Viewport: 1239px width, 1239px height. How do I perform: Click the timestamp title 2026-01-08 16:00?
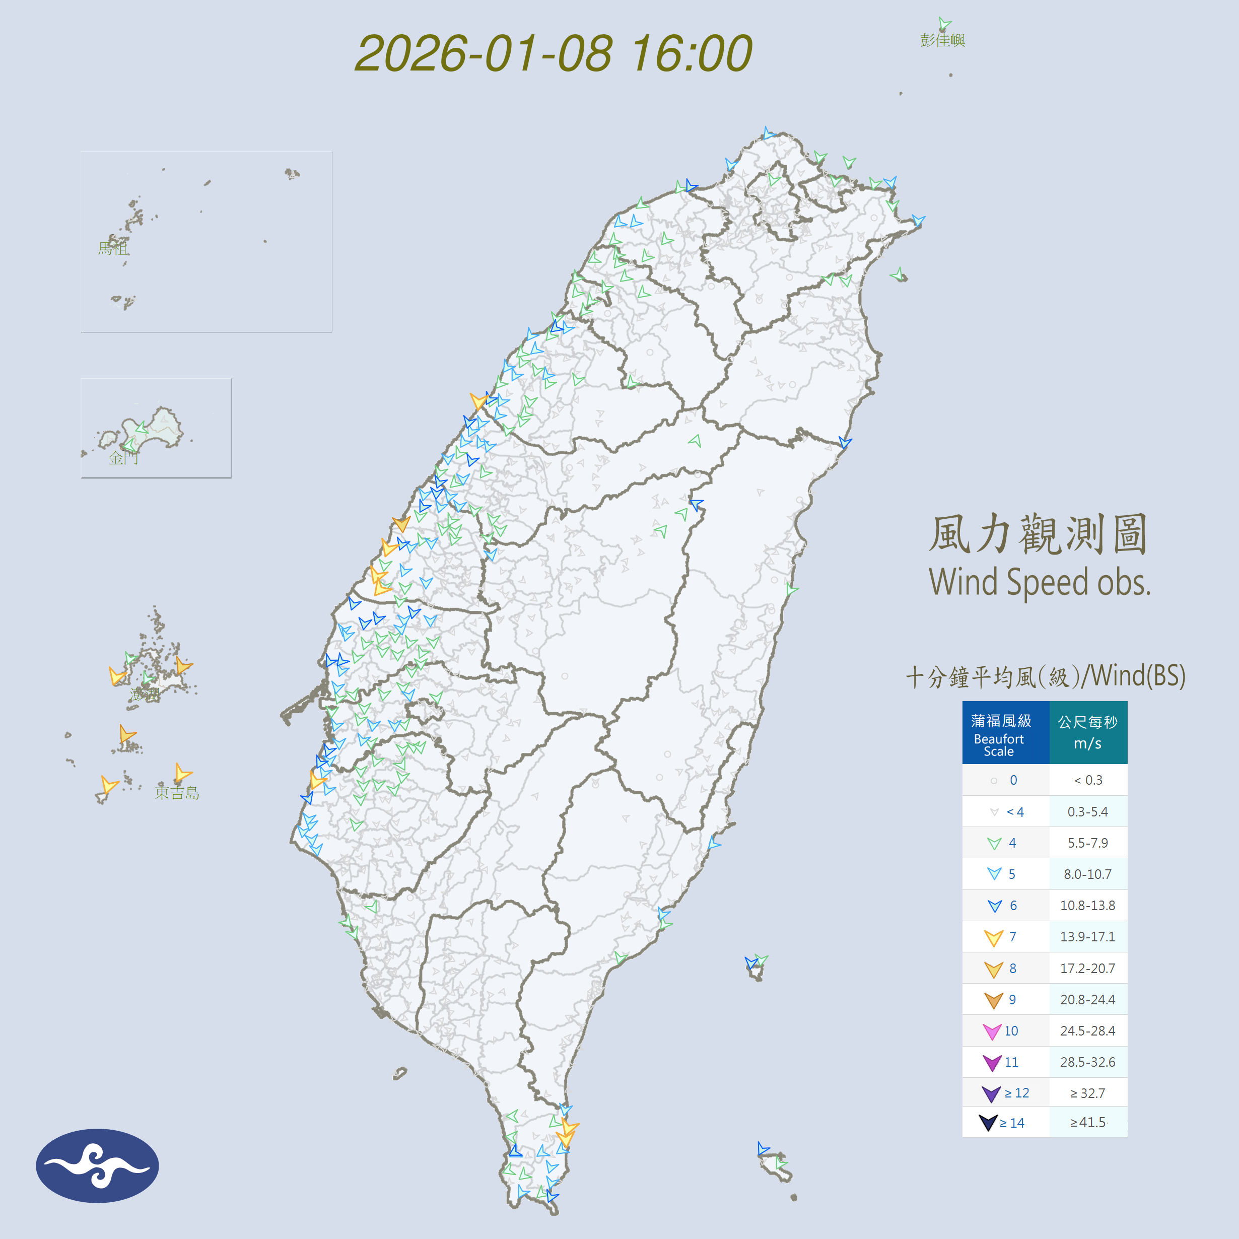(553, 53)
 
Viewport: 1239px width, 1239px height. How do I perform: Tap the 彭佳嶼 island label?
(942, 40)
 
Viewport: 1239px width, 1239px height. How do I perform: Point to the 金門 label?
(123, 457)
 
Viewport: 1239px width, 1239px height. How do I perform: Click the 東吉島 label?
(177, 793)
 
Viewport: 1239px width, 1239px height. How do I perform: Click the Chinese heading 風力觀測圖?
(1038, 534)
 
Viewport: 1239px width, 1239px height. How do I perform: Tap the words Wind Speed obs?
(1039, 582)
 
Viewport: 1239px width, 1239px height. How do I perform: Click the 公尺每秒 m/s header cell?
(1088, 732)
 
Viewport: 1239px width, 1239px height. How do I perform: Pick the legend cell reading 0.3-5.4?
(1088, 812)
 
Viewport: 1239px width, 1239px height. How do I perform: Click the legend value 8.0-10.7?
(1088, 874)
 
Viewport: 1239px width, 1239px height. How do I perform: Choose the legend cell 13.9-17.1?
(1088, 937)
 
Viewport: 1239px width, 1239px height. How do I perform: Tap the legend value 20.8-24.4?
(1088, 1000)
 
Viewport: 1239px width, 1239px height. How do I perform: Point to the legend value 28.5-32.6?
(1088, 1062)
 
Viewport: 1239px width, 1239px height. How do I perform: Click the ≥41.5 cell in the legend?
(1088, 1122)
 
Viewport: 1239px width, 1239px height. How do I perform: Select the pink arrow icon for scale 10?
(992, 1031)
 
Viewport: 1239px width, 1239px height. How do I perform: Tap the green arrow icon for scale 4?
(994, 843)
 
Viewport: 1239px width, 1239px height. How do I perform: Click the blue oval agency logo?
(98, 1165)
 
